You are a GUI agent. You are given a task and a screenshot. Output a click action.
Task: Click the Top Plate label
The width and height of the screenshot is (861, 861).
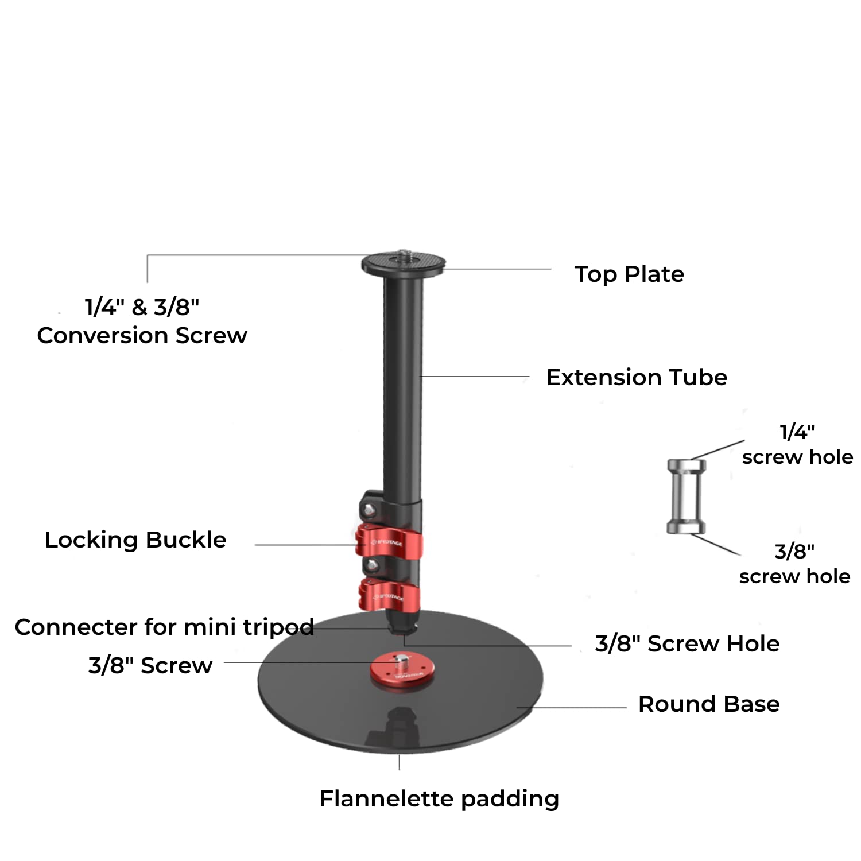(x=629, y=274)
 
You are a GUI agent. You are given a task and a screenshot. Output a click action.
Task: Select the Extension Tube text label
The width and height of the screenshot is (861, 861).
(x=637, y=378)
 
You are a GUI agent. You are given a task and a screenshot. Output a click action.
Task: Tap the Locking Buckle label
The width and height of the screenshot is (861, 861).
(x=135, y=540)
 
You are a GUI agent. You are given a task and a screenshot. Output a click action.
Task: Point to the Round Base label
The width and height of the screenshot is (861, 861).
(x=709, y=704)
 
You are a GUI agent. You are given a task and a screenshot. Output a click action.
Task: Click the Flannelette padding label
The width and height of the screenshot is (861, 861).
(x=439, y=799)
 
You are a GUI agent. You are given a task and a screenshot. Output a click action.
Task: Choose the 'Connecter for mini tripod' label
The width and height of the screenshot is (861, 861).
(x=164, y=627)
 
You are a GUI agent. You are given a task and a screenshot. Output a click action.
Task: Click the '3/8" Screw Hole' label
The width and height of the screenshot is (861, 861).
(x=687, y=644)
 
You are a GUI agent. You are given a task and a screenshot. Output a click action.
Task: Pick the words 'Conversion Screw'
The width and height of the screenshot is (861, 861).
(x=142, y=336)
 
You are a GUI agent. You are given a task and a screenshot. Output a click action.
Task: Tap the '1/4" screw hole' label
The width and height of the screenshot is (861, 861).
(x=797, y=445)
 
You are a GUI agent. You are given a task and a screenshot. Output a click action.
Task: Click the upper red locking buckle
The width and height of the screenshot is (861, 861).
(x=389, y=541)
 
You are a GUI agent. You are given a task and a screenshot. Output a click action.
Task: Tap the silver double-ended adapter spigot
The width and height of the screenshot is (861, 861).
(x=686, y=497)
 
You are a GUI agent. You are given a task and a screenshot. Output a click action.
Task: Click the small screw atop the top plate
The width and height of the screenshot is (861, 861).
(x=403, y=252)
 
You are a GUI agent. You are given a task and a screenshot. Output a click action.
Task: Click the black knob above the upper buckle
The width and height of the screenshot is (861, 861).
(x=369, y=507)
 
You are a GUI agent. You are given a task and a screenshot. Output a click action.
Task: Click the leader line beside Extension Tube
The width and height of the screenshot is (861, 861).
(x=475, y=377)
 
